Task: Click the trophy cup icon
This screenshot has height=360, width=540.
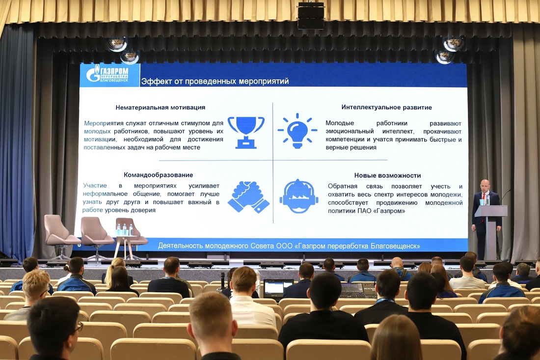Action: [x=246, y=132]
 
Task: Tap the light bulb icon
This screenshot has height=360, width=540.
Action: [x=297, y=131]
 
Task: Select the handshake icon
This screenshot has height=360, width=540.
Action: [x=248, y=197]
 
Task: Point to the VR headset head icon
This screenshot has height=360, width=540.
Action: [x=298, y=196]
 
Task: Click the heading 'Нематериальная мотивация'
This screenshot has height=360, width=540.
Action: [x=161, y=108]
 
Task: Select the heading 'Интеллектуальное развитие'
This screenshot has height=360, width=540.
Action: [x=386, y=107]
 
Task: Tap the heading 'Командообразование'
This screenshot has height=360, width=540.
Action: [x=159, y=175]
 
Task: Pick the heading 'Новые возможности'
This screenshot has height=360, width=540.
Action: [x=387, y=175]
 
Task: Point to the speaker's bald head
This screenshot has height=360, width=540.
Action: [x=485, y=185]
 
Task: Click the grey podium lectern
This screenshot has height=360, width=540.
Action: [x=491, y=231]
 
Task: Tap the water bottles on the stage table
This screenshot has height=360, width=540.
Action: [x=125, y=230]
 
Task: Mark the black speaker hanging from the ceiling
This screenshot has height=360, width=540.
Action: [x=311, y=16]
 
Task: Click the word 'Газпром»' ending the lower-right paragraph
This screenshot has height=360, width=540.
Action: [x=389, y=211]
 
